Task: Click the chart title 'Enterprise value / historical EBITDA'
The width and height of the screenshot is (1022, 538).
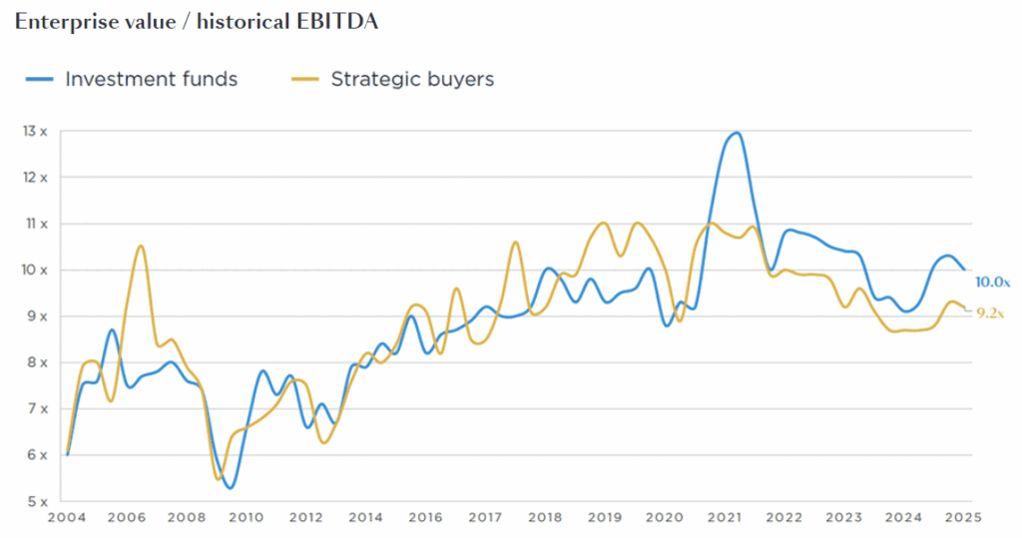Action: tap(196, 21)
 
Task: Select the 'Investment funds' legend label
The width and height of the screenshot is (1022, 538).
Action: tap(151, 79)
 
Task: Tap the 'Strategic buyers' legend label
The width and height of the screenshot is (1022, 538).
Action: tap(412, 79)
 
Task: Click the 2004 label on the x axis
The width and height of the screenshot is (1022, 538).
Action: tap(66, 518)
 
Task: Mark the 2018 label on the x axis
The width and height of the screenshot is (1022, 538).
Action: tap(544, 518)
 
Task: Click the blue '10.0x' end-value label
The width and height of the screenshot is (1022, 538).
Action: tap(992, 282)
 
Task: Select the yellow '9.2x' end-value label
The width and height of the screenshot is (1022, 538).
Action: tap(989, 312)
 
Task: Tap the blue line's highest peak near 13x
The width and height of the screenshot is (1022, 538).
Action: tap(736, 133)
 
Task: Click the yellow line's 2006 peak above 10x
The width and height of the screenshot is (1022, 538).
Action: tap(141, 246)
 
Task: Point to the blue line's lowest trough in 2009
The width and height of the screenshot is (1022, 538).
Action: tap(231, 487)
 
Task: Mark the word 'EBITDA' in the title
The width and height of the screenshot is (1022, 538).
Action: tap(334, 21)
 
